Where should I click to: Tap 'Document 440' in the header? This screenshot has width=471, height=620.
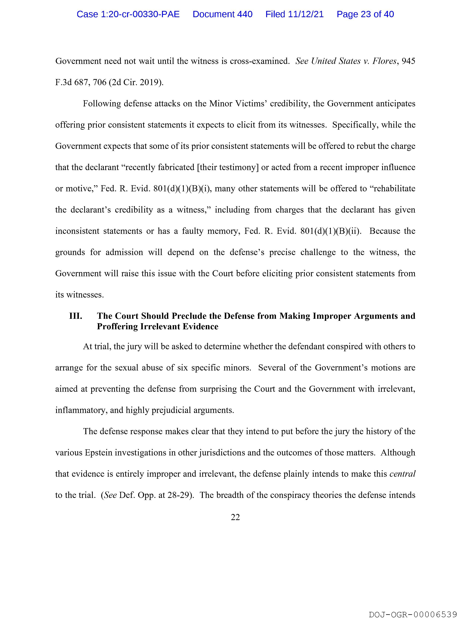222,14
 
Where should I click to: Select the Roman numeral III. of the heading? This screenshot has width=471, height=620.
76,316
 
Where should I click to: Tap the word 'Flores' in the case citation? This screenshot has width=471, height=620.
385,61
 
